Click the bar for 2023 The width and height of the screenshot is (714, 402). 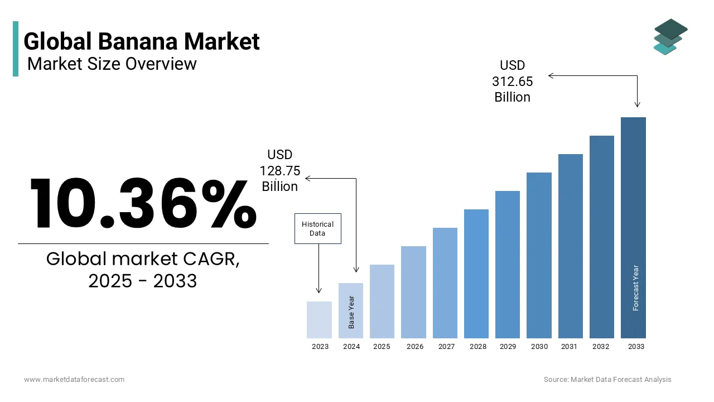pos(319,320)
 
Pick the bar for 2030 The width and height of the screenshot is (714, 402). pos(539,255)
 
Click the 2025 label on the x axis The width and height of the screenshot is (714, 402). pos(382,347)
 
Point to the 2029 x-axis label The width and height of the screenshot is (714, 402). pos(508,347)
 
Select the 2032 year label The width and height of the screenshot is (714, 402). pos(601,347)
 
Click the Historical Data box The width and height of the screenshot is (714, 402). pos(317,228)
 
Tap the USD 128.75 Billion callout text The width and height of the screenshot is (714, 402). pos(280,170)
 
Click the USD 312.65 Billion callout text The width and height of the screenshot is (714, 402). pos(512,82)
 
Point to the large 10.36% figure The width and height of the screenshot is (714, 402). pos(143,204)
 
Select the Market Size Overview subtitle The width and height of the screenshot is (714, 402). pos(112,64)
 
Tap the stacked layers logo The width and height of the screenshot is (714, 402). pos(670,37)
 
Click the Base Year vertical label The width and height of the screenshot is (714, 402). pos(351,312)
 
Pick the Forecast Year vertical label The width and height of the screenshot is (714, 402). pos(635,288)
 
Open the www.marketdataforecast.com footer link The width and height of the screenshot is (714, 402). pos(74,380)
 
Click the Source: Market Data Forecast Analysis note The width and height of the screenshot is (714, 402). pos(607,380)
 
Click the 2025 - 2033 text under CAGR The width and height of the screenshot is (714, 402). pos(143,281)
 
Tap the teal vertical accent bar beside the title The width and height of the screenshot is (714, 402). pos(16,49)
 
